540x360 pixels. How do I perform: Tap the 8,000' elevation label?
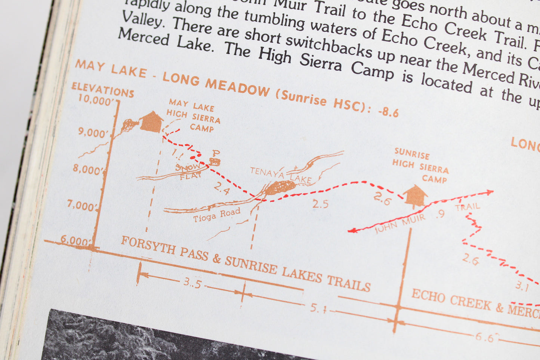(87, 169)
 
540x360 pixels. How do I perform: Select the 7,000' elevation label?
(81, 205)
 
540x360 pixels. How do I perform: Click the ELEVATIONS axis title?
(103, 90)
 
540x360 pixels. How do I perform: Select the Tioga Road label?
(216, 215)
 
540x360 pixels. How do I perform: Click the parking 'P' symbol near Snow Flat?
(215, 157)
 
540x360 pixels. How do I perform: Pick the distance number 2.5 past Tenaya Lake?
(320, 204)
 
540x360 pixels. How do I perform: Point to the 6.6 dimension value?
(485, 338)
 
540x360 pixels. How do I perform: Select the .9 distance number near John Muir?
(440, 214)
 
